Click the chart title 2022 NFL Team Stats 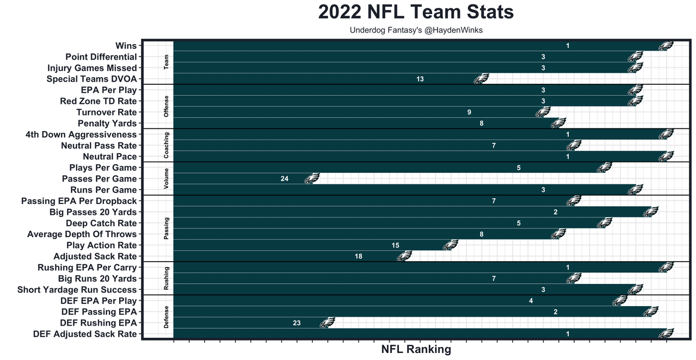point(416,13)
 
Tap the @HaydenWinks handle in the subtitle point(453,30)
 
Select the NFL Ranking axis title point(416,349)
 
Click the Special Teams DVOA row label point(92,79)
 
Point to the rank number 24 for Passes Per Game point(284,179)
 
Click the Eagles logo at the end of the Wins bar point(666,46)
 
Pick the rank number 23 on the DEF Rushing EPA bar point(297,323)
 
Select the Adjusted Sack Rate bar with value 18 point(288,256)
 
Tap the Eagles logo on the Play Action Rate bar point(450,245)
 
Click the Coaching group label point(167,145)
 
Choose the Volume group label point(167,178)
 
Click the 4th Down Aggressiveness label point(81,134)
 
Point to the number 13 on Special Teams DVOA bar point(420,79)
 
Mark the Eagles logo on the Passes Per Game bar point(311,179)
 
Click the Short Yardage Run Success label point(77,290)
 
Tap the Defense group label point(167,317)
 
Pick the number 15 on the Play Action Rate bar point(396,245)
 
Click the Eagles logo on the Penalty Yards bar point(558,123)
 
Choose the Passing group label point(167,228)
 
